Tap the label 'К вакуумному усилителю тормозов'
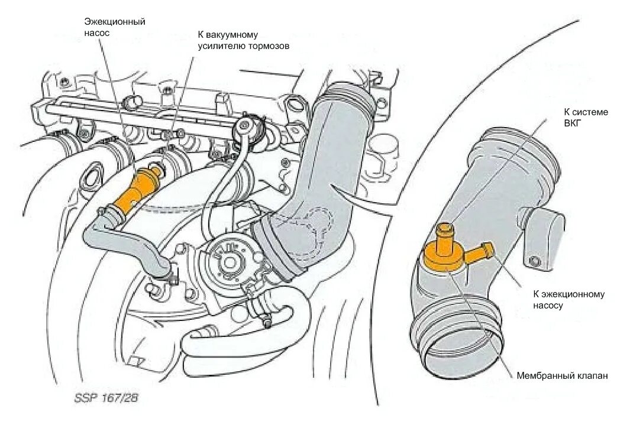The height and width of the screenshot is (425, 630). tap(243, 40)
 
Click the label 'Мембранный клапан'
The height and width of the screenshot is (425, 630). tap(562, 375)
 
